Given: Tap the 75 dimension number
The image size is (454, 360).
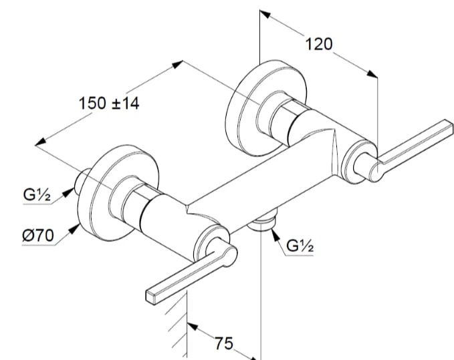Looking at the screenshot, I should (224, 343).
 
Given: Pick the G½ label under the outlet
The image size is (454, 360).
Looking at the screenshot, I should (300, 246).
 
